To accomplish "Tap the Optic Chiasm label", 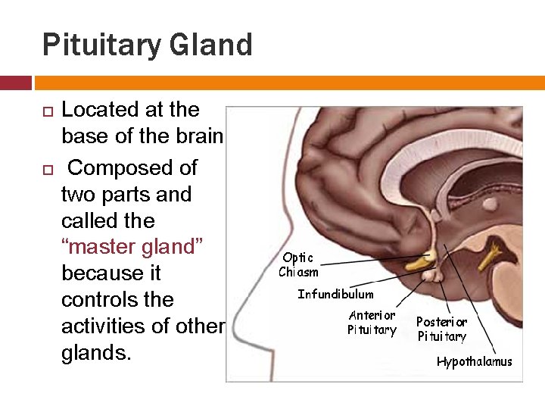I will click(298, 265).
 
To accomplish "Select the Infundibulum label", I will click(335, 294).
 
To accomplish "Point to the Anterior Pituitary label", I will click(372, 322).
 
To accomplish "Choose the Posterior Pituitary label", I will click(442, 329).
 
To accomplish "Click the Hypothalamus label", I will click(474, 361).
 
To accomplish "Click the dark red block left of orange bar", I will click(15, 82).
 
